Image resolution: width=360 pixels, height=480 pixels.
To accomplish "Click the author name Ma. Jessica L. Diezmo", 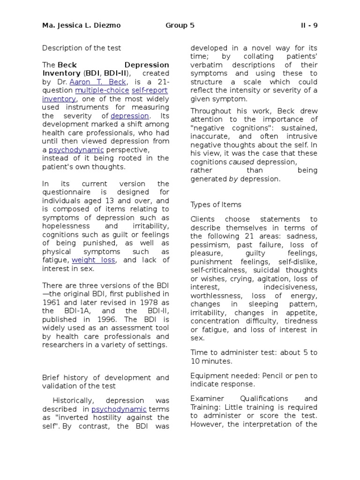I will click(82, 25).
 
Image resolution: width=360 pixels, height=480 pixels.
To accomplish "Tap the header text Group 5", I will click(180, 25).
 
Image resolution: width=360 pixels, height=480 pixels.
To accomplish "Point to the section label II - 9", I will click(309, 25).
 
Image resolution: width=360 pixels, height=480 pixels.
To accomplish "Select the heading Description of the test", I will click(82, 48).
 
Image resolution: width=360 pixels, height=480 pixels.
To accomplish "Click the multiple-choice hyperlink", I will click(102, 90).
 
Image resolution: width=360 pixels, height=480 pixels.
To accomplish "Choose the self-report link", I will click(150, 90).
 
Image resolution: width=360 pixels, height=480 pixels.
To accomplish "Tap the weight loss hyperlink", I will click(93, 260).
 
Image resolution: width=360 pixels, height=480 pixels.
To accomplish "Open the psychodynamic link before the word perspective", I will click(76, 150).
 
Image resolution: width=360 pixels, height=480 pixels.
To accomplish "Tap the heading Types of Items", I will click(216, 204).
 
